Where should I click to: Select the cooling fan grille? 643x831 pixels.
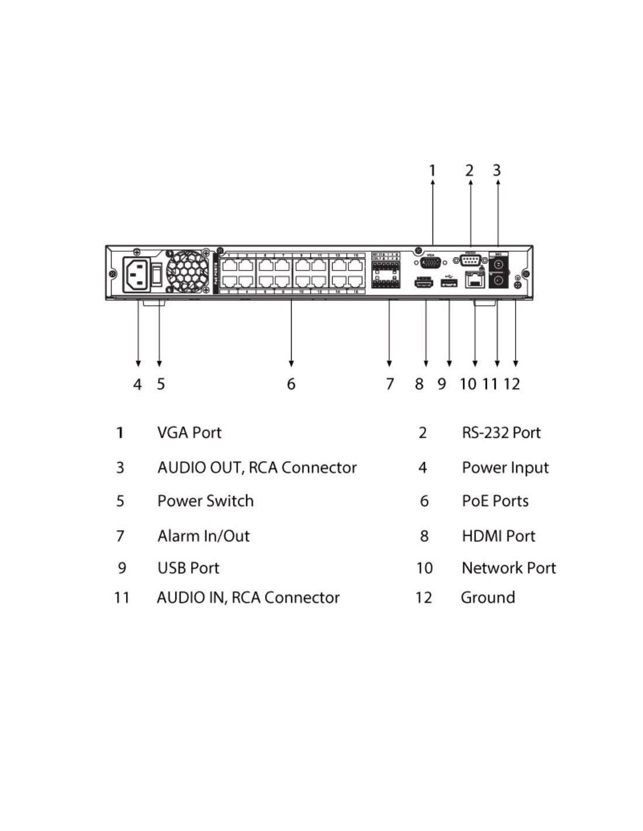188,271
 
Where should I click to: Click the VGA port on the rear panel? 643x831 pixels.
430,262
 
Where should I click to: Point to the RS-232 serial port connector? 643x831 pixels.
470,260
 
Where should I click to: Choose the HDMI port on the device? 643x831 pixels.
423,283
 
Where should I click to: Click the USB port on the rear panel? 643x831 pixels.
448,283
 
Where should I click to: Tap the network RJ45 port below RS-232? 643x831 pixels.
474,281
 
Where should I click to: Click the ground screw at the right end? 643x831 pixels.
517,285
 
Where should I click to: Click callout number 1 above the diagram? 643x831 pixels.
433,170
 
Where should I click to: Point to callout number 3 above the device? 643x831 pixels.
497,170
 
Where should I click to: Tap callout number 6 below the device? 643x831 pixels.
291,384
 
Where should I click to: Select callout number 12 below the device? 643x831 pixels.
511,384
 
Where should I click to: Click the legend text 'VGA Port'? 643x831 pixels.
189,432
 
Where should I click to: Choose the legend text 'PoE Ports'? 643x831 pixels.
495,501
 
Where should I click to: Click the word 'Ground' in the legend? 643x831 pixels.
488,597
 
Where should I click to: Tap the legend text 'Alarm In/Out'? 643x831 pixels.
203,536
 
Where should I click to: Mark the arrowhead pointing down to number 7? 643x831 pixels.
389,363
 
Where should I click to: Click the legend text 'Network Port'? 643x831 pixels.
509,567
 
